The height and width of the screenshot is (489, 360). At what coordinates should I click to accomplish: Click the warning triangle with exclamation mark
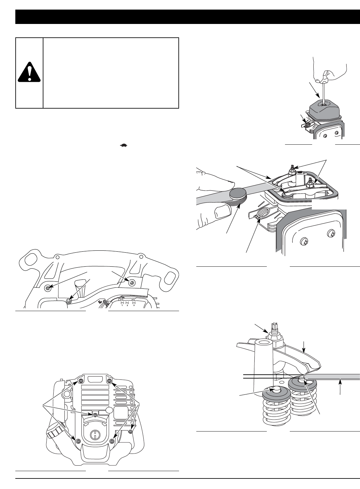[29, 72]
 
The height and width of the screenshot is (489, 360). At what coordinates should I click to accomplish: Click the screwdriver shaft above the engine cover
[324, 93]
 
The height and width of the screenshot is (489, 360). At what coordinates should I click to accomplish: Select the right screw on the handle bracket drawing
[131, 281]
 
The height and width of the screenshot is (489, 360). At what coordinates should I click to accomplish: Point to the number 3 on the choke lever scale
[134, 305]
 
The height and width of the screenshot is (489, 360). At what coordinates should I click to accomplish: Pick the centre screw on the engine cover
[95, 414]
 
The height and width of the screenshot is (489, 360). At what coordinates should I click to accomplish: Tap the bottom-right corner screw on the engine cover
[112, 441]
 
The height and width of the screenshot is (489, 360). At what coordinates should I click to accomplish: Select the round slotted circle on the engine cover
[94, 435]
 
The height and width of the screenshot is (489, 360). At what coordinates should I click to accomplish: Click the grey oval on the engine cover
[109, 410]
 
